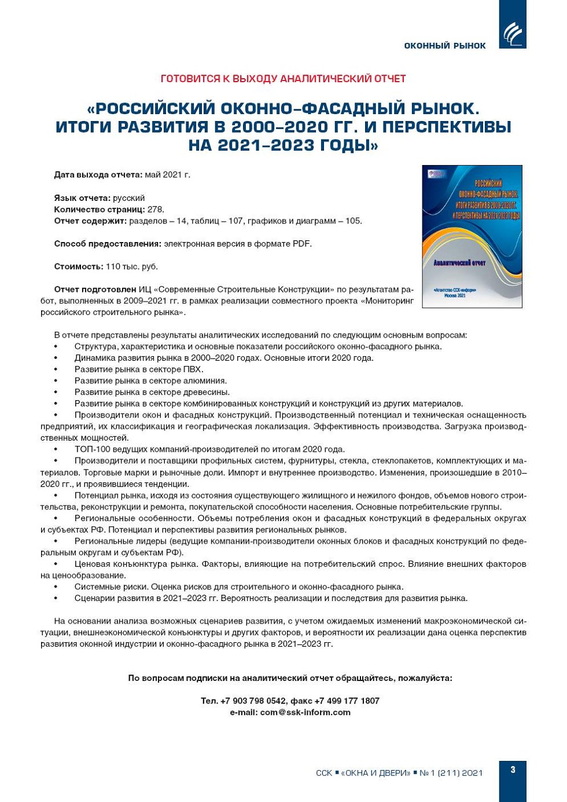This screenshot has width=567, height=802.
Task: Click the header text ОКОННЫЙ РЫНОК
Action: (444, 46)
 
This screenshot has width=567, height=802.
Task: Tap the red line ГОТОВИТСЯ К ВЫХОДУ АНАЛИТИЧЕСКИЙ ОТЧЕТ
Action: (283, 79)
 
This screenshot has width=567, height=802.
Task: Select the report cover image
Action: (472, 236)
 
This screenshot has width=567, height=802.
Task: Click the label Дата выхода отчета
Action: (98, 174)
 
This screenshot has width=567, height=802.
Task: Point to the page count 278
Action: (156, 209)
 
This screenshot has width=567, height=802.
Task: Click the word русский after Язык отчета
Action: (128, 198)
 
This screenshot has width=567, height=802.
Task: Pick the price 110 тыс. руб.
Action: (131, 266)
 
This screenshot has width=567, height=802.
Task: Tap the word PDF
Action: (301, 244)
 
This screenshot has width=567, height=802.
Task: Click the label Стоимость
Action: (79, 266)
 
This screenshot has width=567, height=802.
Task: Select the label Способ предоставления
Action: (108, 244)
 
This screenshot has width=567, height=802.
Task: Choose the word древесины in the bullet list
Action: (207, 392)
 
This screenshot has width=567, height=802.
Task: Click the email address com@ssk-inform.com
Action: (305, 712)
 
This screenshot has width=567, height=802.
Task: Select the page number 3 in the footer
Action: (513, 770)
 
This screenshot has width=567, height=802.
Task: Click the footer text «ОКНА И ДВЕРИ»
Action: (376, 772)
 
